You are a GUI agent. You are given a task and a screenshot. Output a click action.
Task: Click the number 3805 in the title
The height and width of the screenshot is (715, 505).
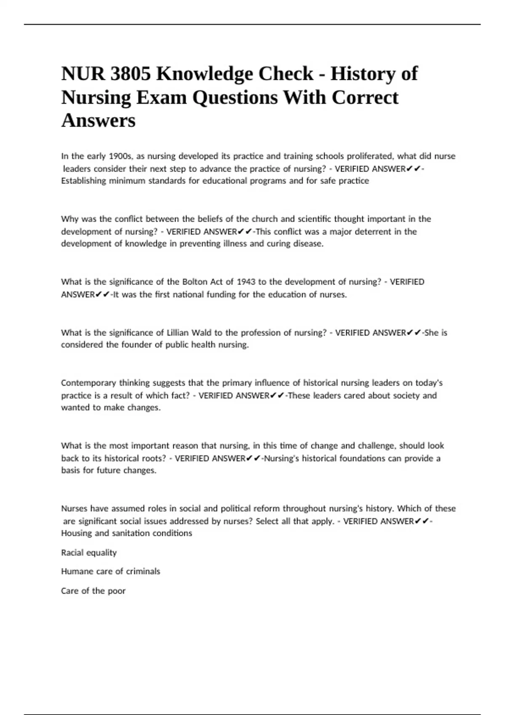130,74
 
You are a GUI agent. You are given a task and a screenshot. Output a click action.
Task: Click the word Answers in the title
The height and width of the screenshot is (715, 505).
98,120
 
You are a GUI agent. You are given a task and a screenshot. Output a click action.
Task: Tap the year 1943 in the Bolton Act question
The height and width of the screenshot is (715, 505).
246,282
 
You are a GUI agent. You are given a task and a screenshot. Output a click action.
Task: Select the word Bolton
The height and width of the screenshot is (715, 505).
194,282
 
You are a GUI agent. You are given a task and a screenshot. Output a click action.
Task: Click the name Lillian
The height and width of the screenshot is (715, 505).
178,333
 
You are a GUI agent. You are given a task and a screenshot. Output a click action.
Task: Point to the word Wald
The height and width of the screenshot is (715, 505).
202,333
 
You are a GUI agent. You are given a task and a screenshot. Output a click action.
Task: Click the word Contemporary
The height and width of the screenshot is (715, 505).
88,383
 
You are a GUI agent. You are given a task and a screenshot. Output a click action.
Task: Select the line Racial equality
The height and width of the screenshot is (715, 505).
89,553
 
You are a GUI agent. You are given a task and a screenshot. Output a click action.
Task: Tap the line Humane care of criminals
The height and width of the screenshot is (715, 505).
111,571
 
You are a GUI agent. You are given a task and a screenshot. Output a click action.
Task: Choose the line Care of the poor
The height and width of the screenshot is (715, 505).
93,591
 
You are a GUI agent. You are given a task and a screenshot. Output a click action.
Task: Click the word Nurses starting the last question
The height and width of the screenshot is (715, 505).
74,508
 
